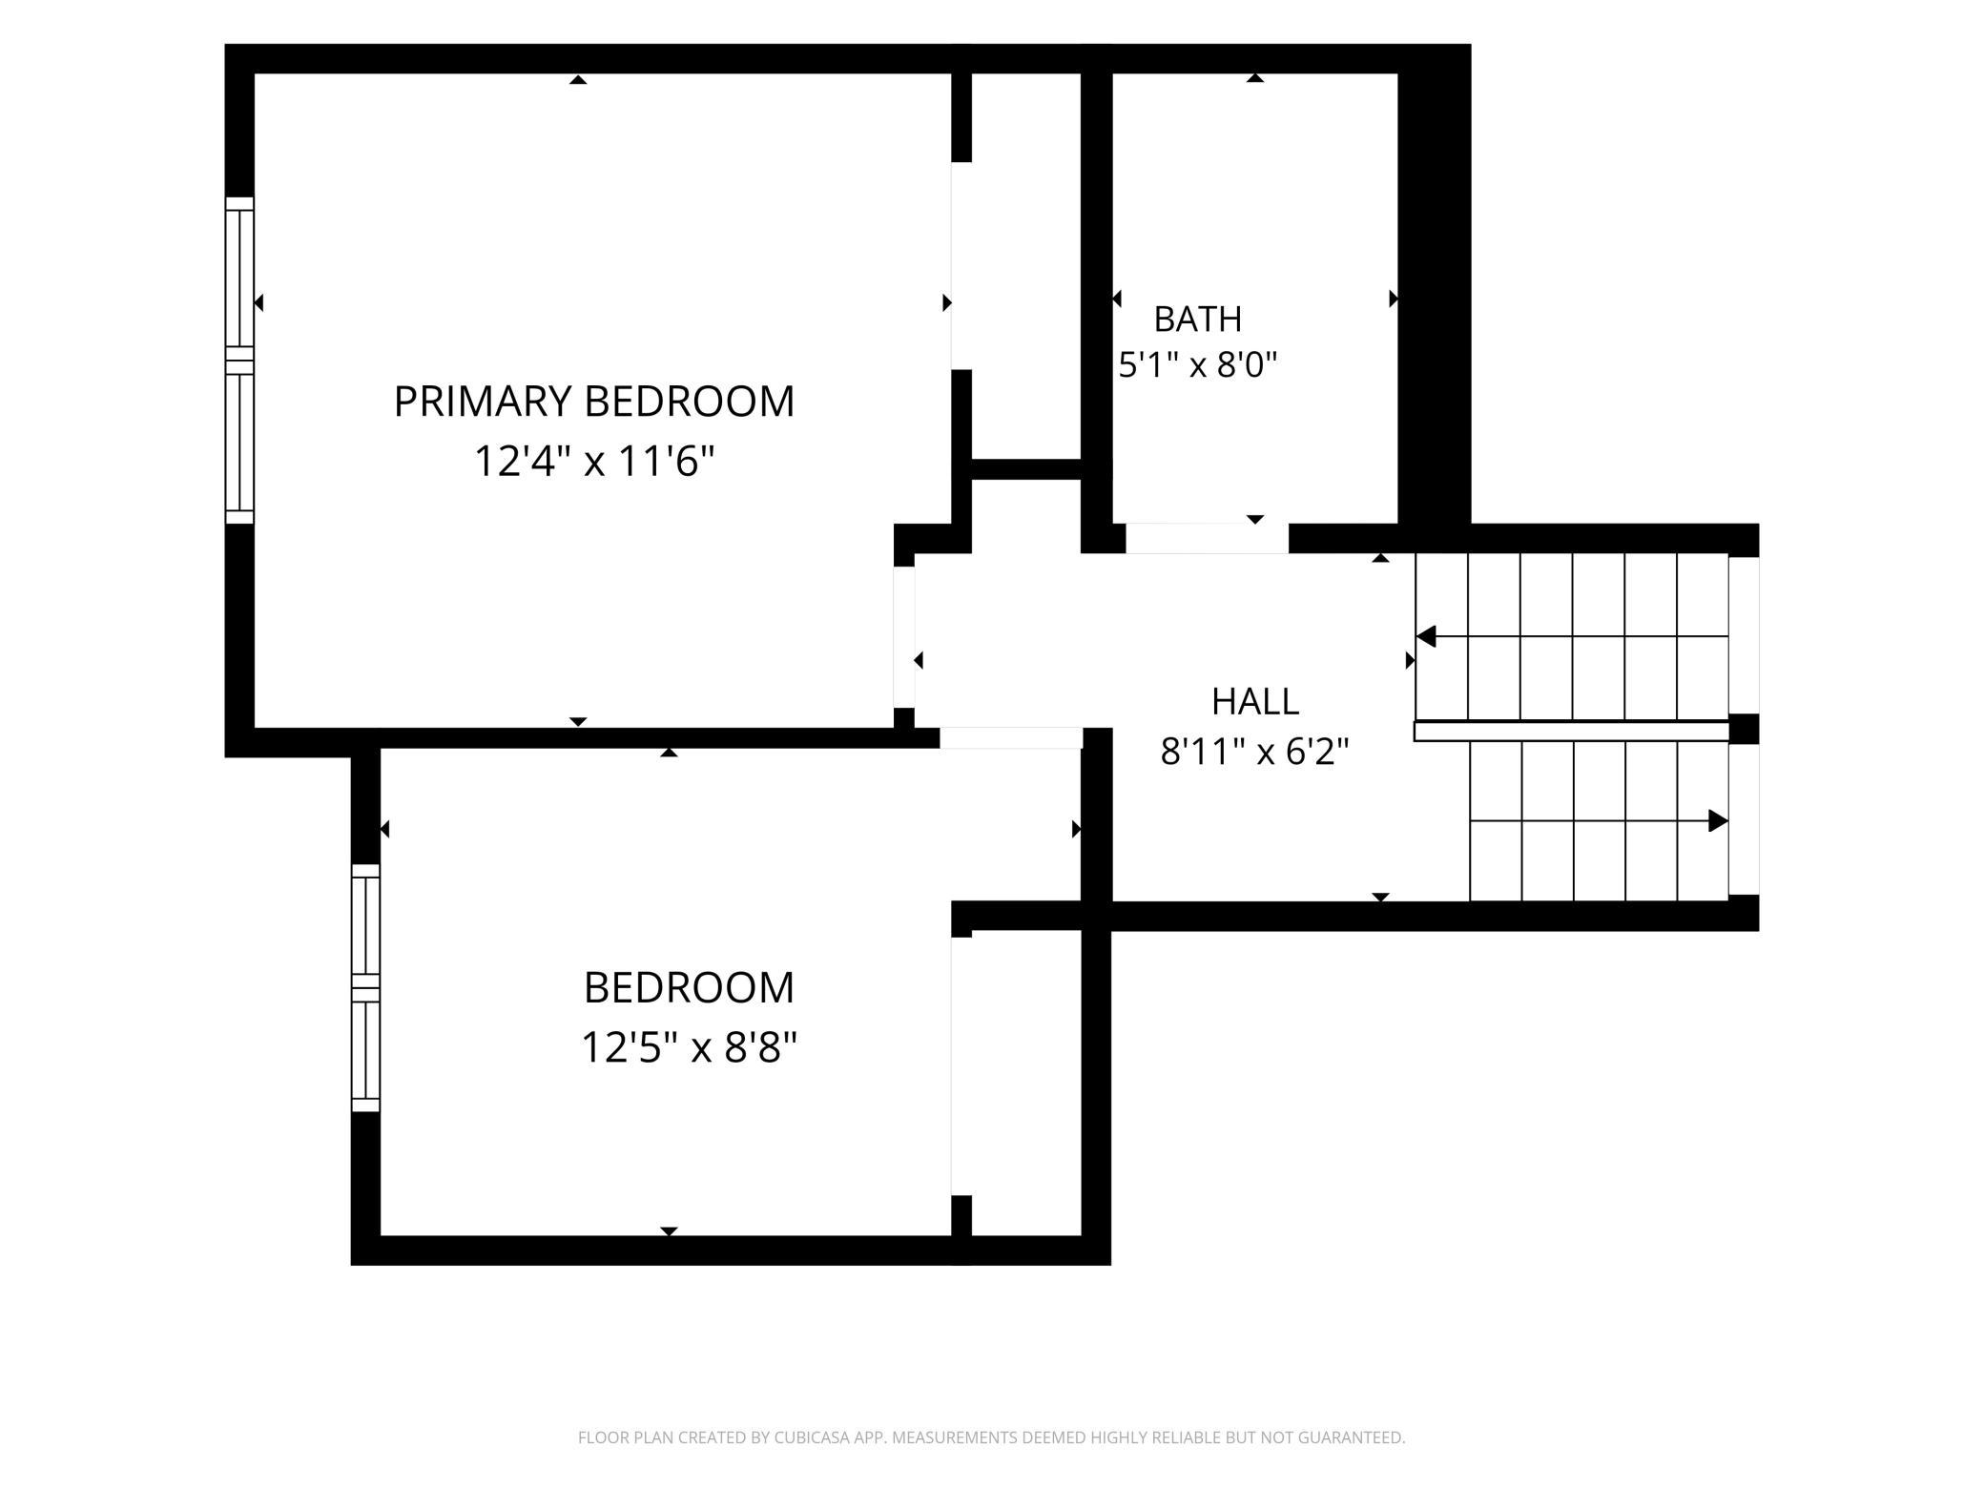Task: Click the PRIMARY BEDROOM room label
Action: click(593, 402)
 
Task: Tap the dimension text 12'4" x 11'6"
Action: click(594, 462)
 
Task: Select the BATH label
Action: click(1198, 320)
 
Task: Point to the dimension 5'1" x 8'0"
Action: click(1197, 364)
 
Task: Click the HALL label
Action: click(1255, 702)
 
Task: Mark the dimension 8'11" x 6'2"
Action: click(1254, 753)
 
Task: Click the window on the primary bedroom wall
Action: click(239, 361)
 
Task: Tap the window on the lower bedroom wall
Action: click(365, 987)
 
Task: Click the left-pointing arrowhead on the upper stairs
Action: click(1426, 636)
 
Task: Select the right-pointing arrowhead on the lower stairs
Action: click(1718, 820)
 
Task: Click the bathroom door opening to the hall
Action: click(1207, 538)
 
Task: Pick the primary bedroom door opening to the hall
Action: click(904, 637)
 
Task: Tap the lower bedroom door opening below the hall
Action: click(1011, 738)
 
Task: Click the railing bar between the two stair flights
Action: click(1571, 732)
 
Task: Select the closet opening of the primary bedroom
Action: click(961, 266)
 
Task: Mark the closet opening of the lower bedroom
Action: click(961, 1066)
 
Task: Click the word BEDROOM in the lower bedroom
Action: click(689, 988)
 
